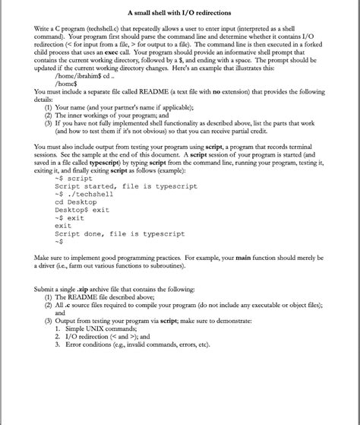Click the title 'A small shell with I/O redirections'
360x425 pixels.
(x=179, y=13)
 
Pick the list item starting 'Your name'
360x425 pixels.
(x=122, y=107)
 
